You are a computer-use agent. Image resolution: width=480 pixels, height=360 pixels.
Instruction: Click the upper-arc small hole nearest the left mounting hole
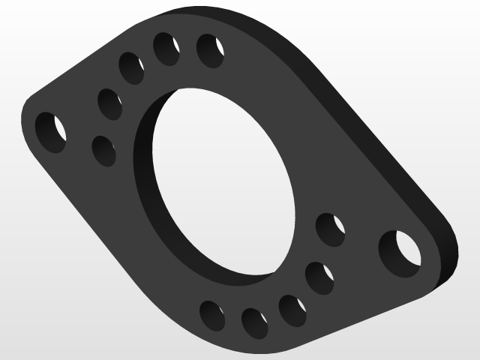coord(103,150)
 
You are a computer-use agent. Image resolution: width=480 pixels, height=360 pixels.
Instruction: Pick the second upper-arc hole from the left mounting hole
coord(110,103)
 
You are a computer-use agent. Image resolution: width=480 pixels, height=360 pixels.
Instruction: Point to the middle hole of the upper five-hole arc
coord(131,67)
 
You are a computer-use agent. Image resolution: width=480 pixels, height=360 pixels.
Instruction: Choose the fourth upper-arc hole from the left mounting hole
coord(166,49)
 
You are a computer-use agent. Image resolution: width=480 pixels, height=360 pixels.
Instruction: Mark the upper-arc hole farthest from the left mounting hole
coord(211,49)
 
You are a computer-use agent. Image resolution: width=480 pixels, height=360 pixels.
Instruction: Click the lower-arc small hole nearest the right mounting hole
coord(330,229)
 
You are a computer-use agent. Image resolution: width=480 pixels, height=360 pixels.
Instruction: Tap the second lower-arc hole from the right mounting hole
coord(319,277)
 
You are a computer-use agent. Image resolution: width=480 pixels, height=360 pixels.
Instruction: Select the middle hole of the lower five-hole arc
coord(292,310)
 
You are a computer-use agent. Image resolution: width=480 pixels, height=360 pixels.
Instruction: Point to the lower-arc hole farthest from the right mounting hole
coord(212,315)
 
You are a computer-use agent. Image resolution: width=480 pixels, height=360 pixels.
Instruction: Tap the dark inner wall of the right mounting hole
coord(388,252)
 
